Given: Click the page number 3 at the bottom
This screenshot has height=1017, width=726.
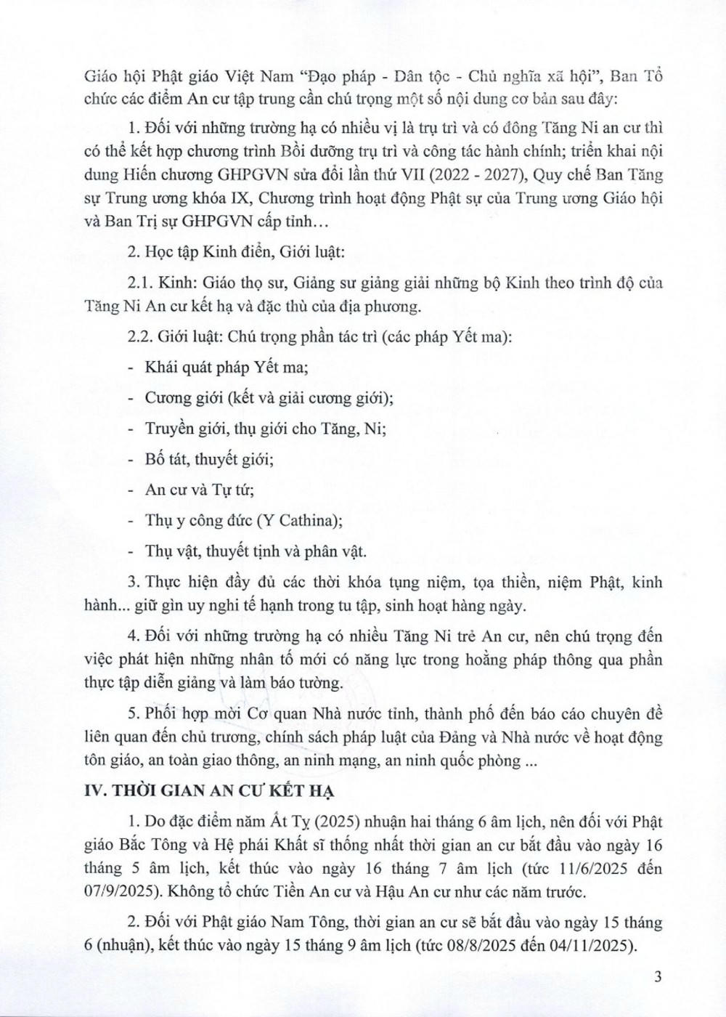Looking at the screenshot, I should pos(658,977).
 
